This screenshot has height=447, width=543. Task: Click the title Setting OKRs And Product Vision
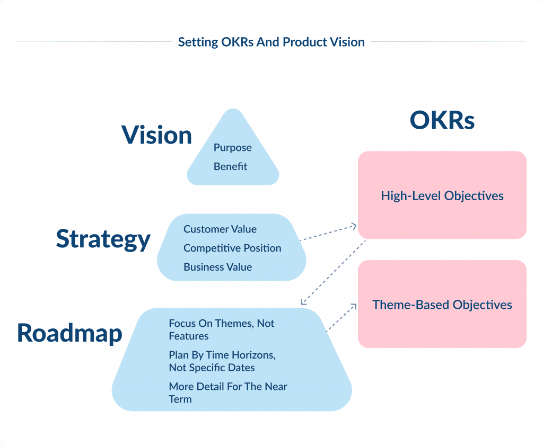point(271,42)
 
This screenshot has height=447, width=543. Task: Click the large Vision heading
point(156,135)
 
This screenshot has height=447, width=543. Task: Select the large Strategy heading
point(103,239)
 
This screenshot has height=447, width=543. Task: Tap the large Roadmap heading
point(69,333)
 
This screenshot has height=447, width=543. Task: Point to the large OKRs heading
point(442,121)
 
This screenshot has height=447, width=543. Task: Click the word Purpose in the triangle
point(232,148)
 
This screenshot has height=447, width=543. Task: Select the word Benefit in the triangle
point(230,166)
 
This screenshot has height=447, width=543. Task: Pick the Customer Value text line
point(220,229)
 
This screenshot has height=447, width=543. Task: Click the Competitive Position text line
point(232,248)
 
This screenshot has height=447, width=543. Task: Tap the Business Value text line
point(217,267)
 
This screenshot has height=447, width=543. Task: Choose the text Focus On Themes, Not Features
point(221,329)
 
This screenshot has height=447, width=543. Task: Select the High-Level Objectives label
point(442,195)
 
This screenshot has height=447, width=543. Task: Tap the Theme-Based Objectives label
point(442,305)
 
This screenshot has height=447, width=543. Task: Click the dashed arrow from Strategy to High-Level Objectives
point(329,233)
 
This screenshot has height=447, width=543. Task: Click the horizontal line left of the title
point(93,41)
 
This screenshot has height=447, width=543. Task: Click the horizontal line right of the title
point(448,41)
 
